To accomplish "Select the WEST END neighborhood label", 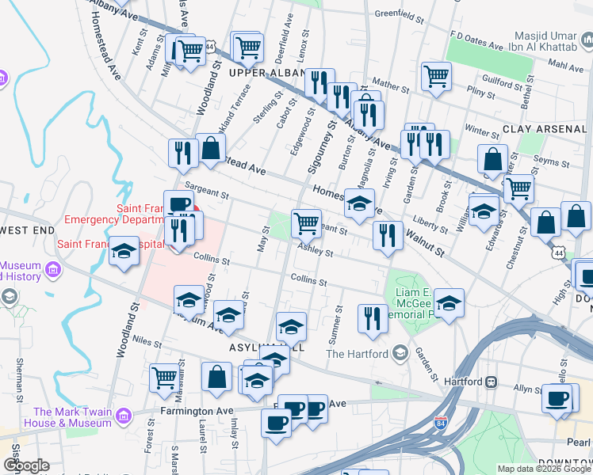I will coord(28,230).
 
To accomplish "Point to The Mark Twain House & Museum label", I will coord(72,417).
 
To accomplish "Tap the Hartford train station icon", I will coord(491,382).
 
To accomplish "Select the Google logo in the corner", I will coord(26,465).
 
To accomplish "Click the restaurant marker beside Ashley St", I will coord(387,236).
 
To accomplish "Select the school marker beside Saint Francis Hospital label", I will coord(123,251).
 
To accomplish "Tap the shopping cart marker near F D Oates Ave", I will coord(435,76).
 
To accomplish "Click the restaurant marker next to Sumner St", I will coord(373,318).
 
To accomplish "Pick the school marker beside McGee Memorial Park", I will coord(449,302).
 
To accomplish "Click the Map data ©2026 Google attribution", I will coord(543,469).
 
